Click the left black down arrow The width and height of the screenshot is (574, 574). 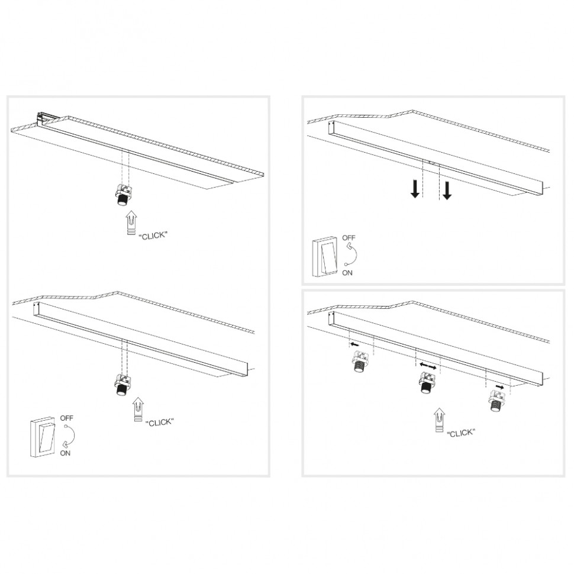point(415,189)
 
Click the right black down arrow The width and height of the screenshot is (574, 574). point(447,191)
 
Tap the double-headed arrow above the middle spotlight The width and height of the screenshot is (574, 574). point(428,366)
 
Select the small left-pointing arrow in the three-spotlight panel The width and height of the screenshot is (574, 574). point(354,344)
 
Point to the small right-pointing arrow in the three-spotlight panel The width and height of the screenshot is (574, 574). point(500,386)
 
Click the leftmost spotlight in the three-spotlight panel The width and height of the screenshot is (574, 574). point(359,361)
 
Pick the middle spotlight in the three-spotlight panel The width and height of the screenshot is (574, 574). point(427,382)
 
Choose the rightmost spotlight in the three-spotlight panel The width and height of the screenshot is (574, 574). point(496,401)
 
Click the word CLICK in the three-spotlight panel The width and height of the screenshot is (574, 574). point(461,433)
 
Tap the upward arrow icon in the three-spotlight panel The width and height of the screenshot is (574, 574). point(440,420)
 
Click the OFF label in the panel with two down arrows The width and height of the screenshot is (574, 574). point(349,238)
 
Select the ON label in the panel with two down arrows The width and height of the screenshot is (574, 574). point(347,273)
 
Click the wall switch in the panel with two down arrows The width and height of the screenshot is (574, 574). point(325,256)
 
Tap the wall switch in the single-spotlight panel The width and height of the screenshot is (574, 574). point(43,437)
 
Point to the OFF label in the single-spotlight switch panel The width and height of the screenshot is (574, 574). point(67,418)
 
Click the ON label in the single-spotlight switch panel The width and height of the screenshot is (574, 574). point(65,453)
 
